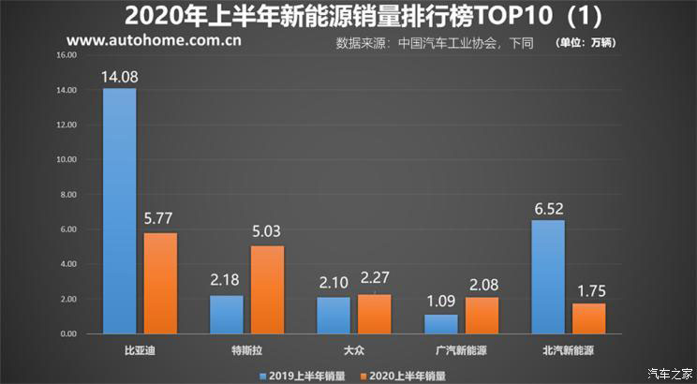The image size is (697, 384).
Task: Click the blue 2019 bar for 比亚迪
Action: (x=119, y=211)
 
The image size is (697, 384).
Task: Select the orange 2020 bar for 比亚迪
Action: (x=161, y=283)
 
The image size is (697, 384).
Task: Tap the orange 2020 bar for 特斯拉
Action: (x=267, y=289)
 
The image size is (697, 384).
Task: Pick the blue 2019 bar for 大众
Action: (x=333, y=315)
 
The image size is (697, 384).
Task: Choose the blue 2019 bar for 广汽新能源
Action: (x=440, y=323)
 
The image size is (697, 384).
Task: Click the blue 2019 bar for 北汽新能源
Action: (x=548, y=276)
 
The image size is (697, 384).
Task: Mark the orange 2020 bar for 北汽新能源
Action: (x=589, y=318)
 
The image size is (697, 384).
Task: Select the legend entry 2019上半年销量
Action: (x=298, y=375)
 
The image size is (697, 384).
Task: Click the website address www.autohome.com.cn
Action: (x=155, y=41)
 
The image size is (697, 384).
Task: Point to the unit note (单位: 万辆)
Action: (x=590, y=43)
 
